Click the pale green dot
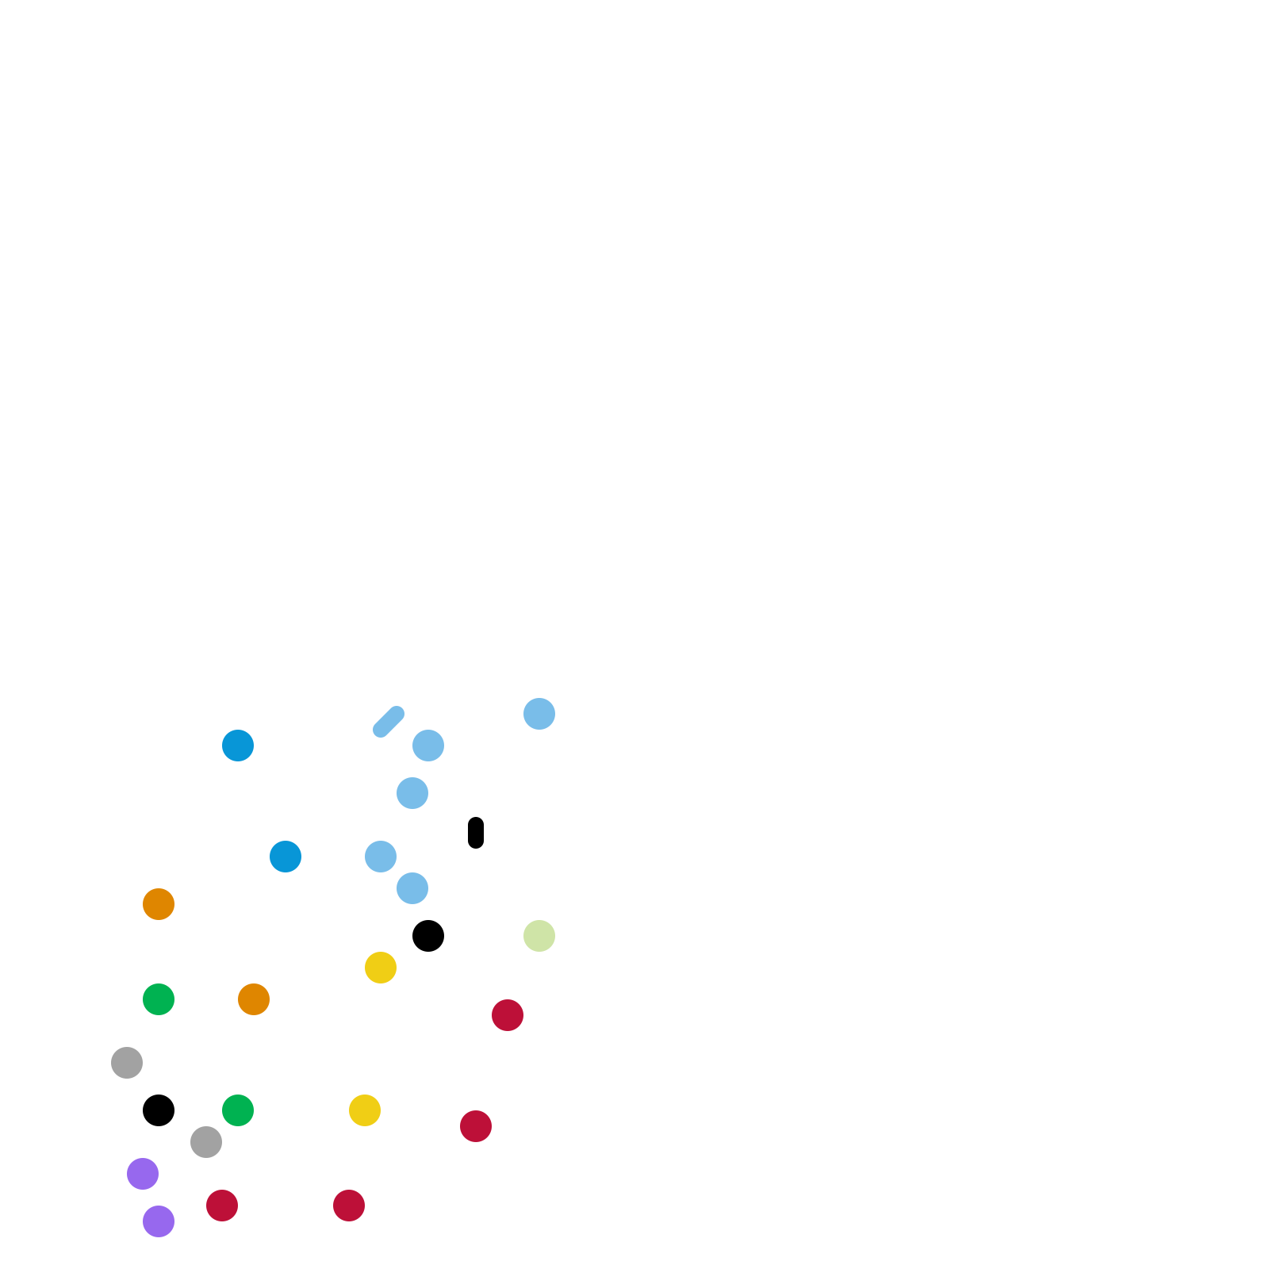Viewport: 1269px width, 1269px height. (x=539, y=936)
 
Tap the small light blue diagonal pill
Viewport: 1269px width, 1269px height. (x=389, y=722)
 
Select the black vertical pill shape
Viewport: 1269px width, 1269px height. (x=476, y=833)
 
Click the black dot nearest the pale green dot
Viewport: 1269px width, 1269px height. (x=428, y=936)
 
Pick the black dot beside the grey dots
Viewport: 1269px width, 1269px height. (x=159, y=1110)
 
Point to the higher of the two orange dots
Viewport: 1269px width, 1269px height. (x=159, y=904)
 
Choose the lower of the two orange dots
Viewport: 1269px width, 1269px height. (x=254, y=999)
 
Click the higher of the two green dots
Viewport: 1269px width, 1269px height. (x=159, y=999)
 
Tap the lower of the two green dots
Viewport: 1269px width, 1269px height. (x=238, y=1110)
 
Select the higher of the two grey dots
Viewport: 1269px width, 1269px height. (x=127, y=1063)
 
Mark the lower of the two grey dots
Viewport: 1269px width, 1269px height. (x=206, y=1142)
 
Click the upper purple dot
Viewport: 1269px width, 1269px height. (x=143, y=1174)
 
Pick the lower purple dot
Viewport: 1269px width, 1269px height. (x=159, y=1221)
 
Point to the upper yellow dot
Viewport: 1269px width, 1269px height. (x=381, y=968)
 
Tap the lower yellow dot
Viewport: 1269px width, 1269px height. (x=365, y=1110)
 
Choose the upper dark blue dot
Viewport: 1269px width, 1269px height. (x=238, y=746)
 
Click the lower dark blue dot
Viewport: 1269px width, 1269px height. (x=286, y=857)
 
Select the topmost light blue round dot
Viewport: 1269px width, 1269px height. (x=539, y=714)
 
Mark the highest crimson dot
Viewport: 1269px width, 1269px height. (x=508, y=1015)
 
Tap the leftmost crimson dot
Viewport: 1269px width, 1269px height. (x=222, y=1206)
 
